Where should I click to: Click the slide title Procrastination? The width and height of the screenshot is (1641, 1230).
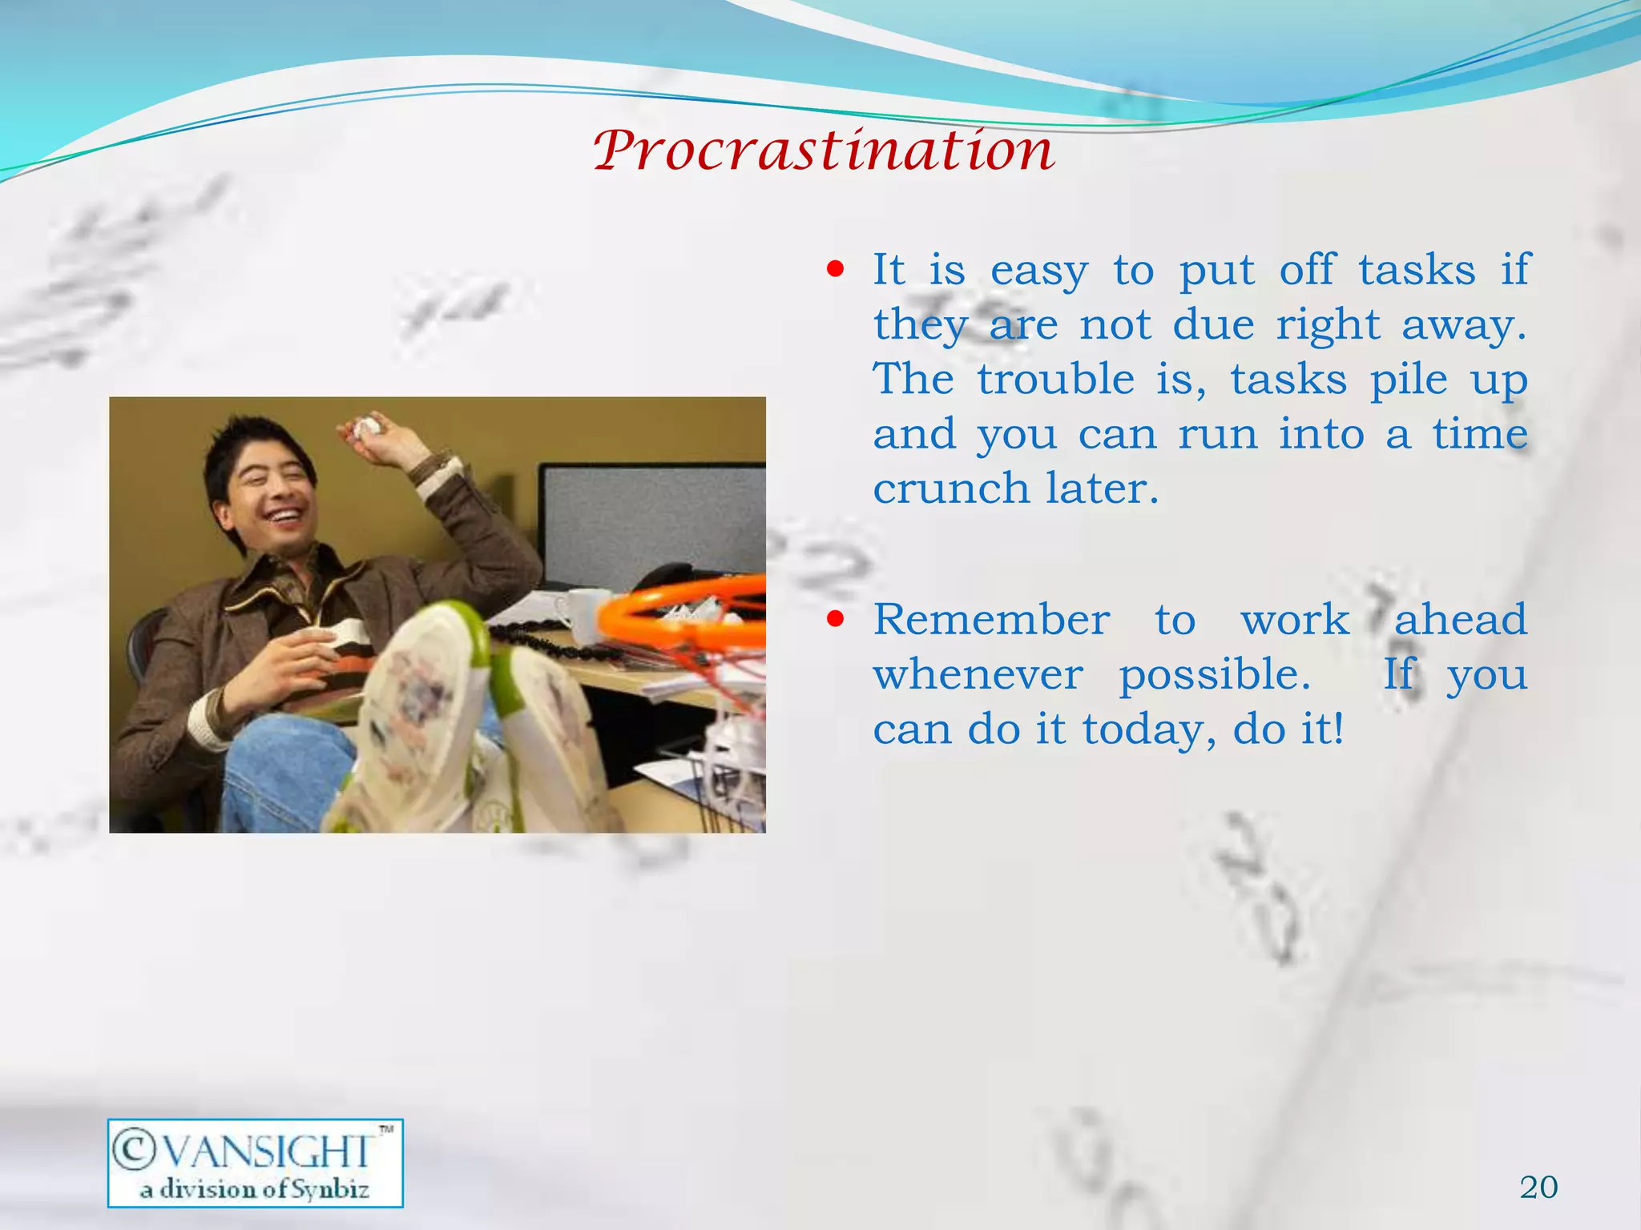pos(824,151)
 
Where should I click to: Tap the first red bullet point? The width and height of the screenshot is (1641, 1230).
pos(836,270)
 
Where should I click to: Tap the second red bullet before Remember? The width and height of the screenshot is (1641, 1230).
pos(836,619)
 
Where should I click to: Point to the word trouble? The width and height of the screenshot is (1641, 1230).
pos(1055,379)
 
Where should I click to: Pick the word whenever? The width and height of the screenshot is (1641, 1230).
pos(978,675)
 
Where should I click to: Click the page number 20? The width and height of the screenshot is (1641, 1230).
pos(1538,1187)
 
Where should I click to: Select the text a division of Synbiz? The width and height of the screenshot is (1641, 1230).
pos(255,1189)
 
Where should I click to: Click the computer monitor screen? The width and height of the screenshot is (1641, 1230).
pos(653,521)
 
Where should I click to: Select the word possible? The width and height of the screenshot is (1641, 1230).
pos(1214,675)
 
